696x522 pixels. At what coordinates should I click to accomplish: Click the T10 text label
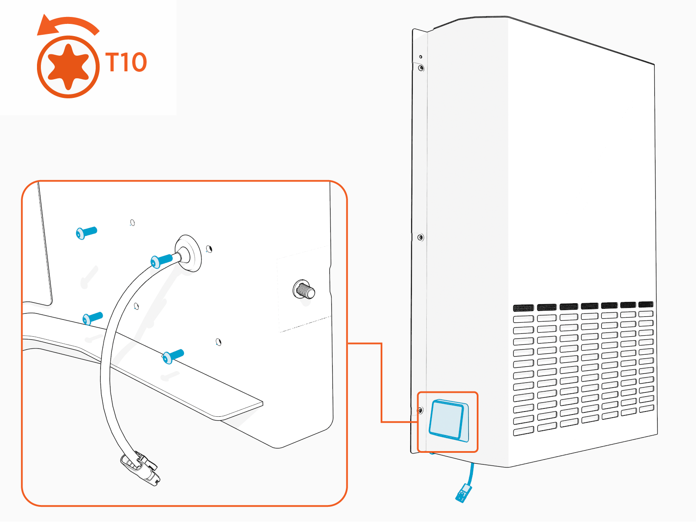[x=126, y=63]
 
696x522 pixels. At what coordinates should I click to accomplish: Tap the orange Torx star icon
[x=68, y=67]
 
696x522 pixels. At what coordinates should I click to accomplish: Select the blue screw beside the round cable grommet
[x=161, y=261]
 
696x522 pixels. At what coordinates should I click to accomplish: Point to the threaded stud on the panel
[x=304, y=290]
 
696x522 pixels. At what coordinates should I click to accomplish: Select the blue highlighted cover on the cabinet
[x=447, y=420]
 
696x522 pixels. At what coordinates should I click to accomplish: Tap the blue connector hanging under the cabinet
[x=464, y=493]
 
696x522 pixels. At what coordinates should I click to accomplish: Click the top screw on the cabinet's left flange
[x=421, y=68]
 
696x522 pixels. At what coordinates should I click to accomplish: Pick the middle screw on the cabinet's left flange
[x=420, y=238]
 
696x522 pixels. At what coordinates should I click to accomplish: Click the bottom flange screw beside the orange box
[x=420, y=410]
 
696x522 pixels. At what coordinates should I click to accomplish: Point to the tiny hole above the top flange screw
[x=421, y=57]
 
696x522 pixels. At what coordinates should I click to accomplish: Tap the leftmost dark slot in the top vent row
[x=523, y=308]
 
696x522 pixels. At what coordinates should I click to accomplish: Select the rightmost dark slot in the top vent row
[x=646, y=304]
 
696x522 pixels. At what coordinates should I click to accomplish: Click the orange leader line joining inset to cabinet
[x=381, y=383]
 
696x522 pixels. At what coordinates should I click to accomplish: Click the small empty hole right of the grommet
[x=209, y=249]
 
